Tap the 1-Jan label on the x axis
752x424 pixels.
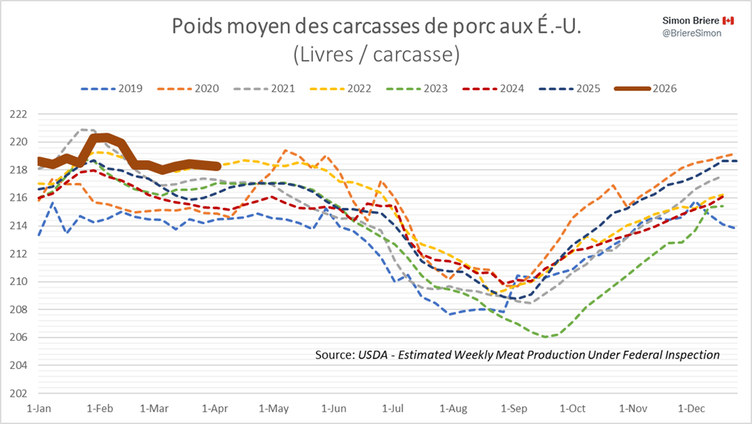(x=38, y=406)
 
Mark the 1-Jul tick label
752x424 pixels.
(x=394, y=406)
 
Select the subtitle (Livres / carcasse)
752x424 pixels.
(x=376, y=54)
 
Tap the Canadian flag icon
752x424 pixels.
(x=728, y=20)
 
